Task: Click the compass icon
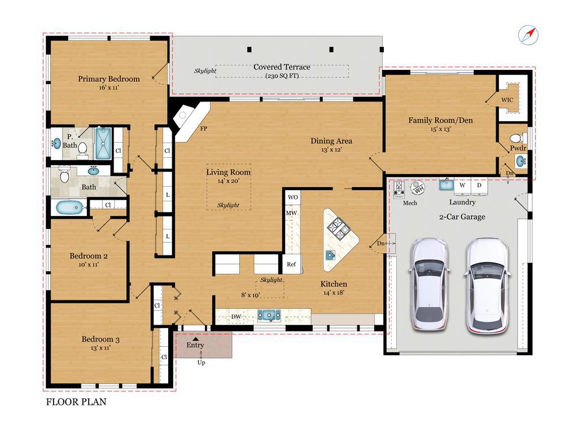pyautogui.click(x=528, y=36)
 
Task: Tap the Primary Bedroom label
pyautogui.click(x=109, y=79)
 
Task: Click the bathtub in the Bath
pyautogui.click(x=71, y=207)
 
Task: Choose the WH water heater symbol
pyautogui.click(x=418, y=188)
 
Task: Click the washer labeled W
pyautogui.click(x=462, y=185)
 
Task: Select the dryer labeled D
pyautogui.click(x=479, y=185)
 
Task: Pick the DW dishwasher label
pyautogui.click(x=236, y=317)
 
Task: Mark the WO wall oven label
pyautogui.click(x=293, y=197)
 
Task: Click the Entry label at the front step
pyautogui.click(x=195, y=345)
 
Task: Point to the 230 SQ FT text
pyautogui.click(x=282, y=76)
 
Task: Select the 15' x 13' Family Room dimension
pyautogui.click(x=440, y=129)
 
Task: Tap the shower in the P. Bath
pyautogui.click(x=103, y=143)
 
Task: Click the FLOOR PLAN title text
pyautogui.click(x=76, y=401)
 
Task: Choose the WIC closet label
pyautogui.click(x=507, y=100)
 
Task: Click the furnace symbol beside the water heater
pyautogui.click(x=399, y=189)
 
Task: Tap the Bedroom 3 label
pyautogui.click(x=100, y=339)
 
